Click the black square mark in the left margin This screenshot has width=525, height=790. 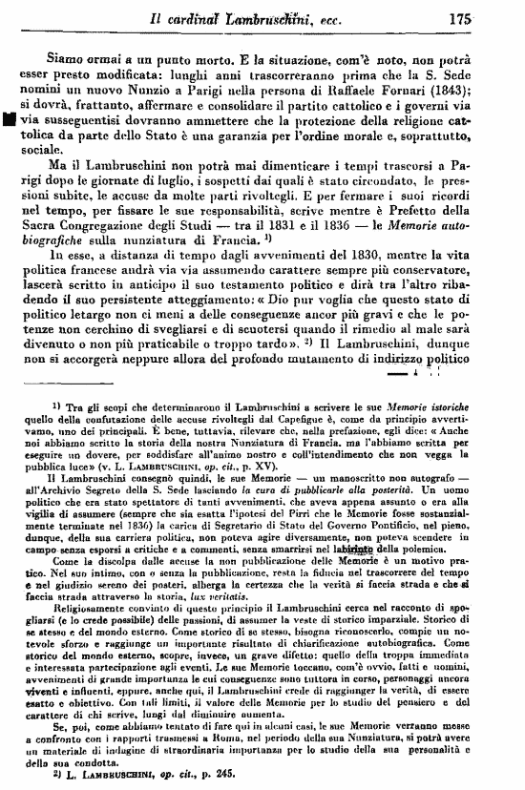(8, 120)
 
